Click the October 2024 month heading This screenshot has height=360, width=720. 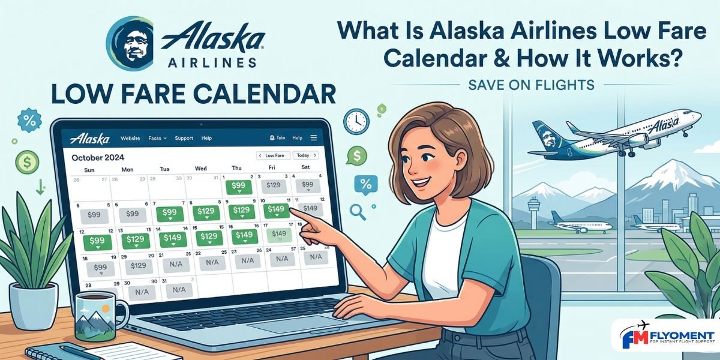pyautogui.click(x=98, y=158)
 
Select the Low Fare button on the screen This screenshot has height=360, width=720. pyautogui.click(x=274, y=155)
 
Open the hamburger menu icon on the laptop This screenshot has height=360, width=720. pyautogui.click(x=314, y=137)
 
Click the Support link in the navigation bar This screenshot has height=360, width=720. pyautogui.click(x=184, y=139)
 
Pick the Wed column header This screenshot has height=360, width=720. pyautogui.click(x=201, y=169)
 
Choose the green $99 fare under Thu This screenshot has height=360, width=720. pyautogui.click(x=238, y=187)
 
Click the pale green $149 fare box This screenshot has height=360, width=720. pyautogui.click(x=279, y=234)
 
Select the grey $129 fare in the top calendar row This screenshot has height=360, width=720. pyautogui.click(x=273, y=185)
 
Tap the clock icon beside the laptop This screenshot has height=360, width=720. pyautogui.click(x=356, y=121)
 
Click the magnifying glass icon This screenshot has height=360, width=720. pyautogui.click(x=358, y=211)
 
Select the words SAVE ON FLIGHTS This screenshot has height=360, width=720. pyautogui.click(x=531, y=85)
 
